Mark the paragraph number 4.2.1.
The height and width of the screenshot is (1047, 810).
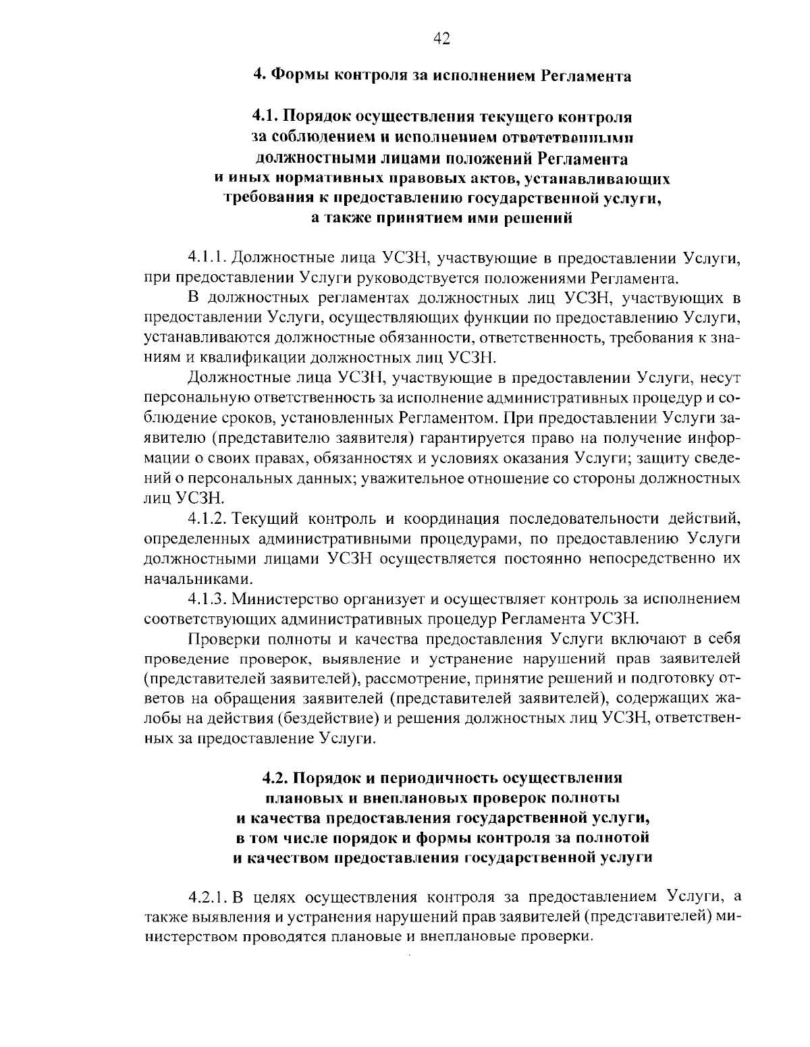coord(210,897)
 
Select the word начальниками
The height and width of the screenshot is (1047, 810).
coord(191,579)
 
